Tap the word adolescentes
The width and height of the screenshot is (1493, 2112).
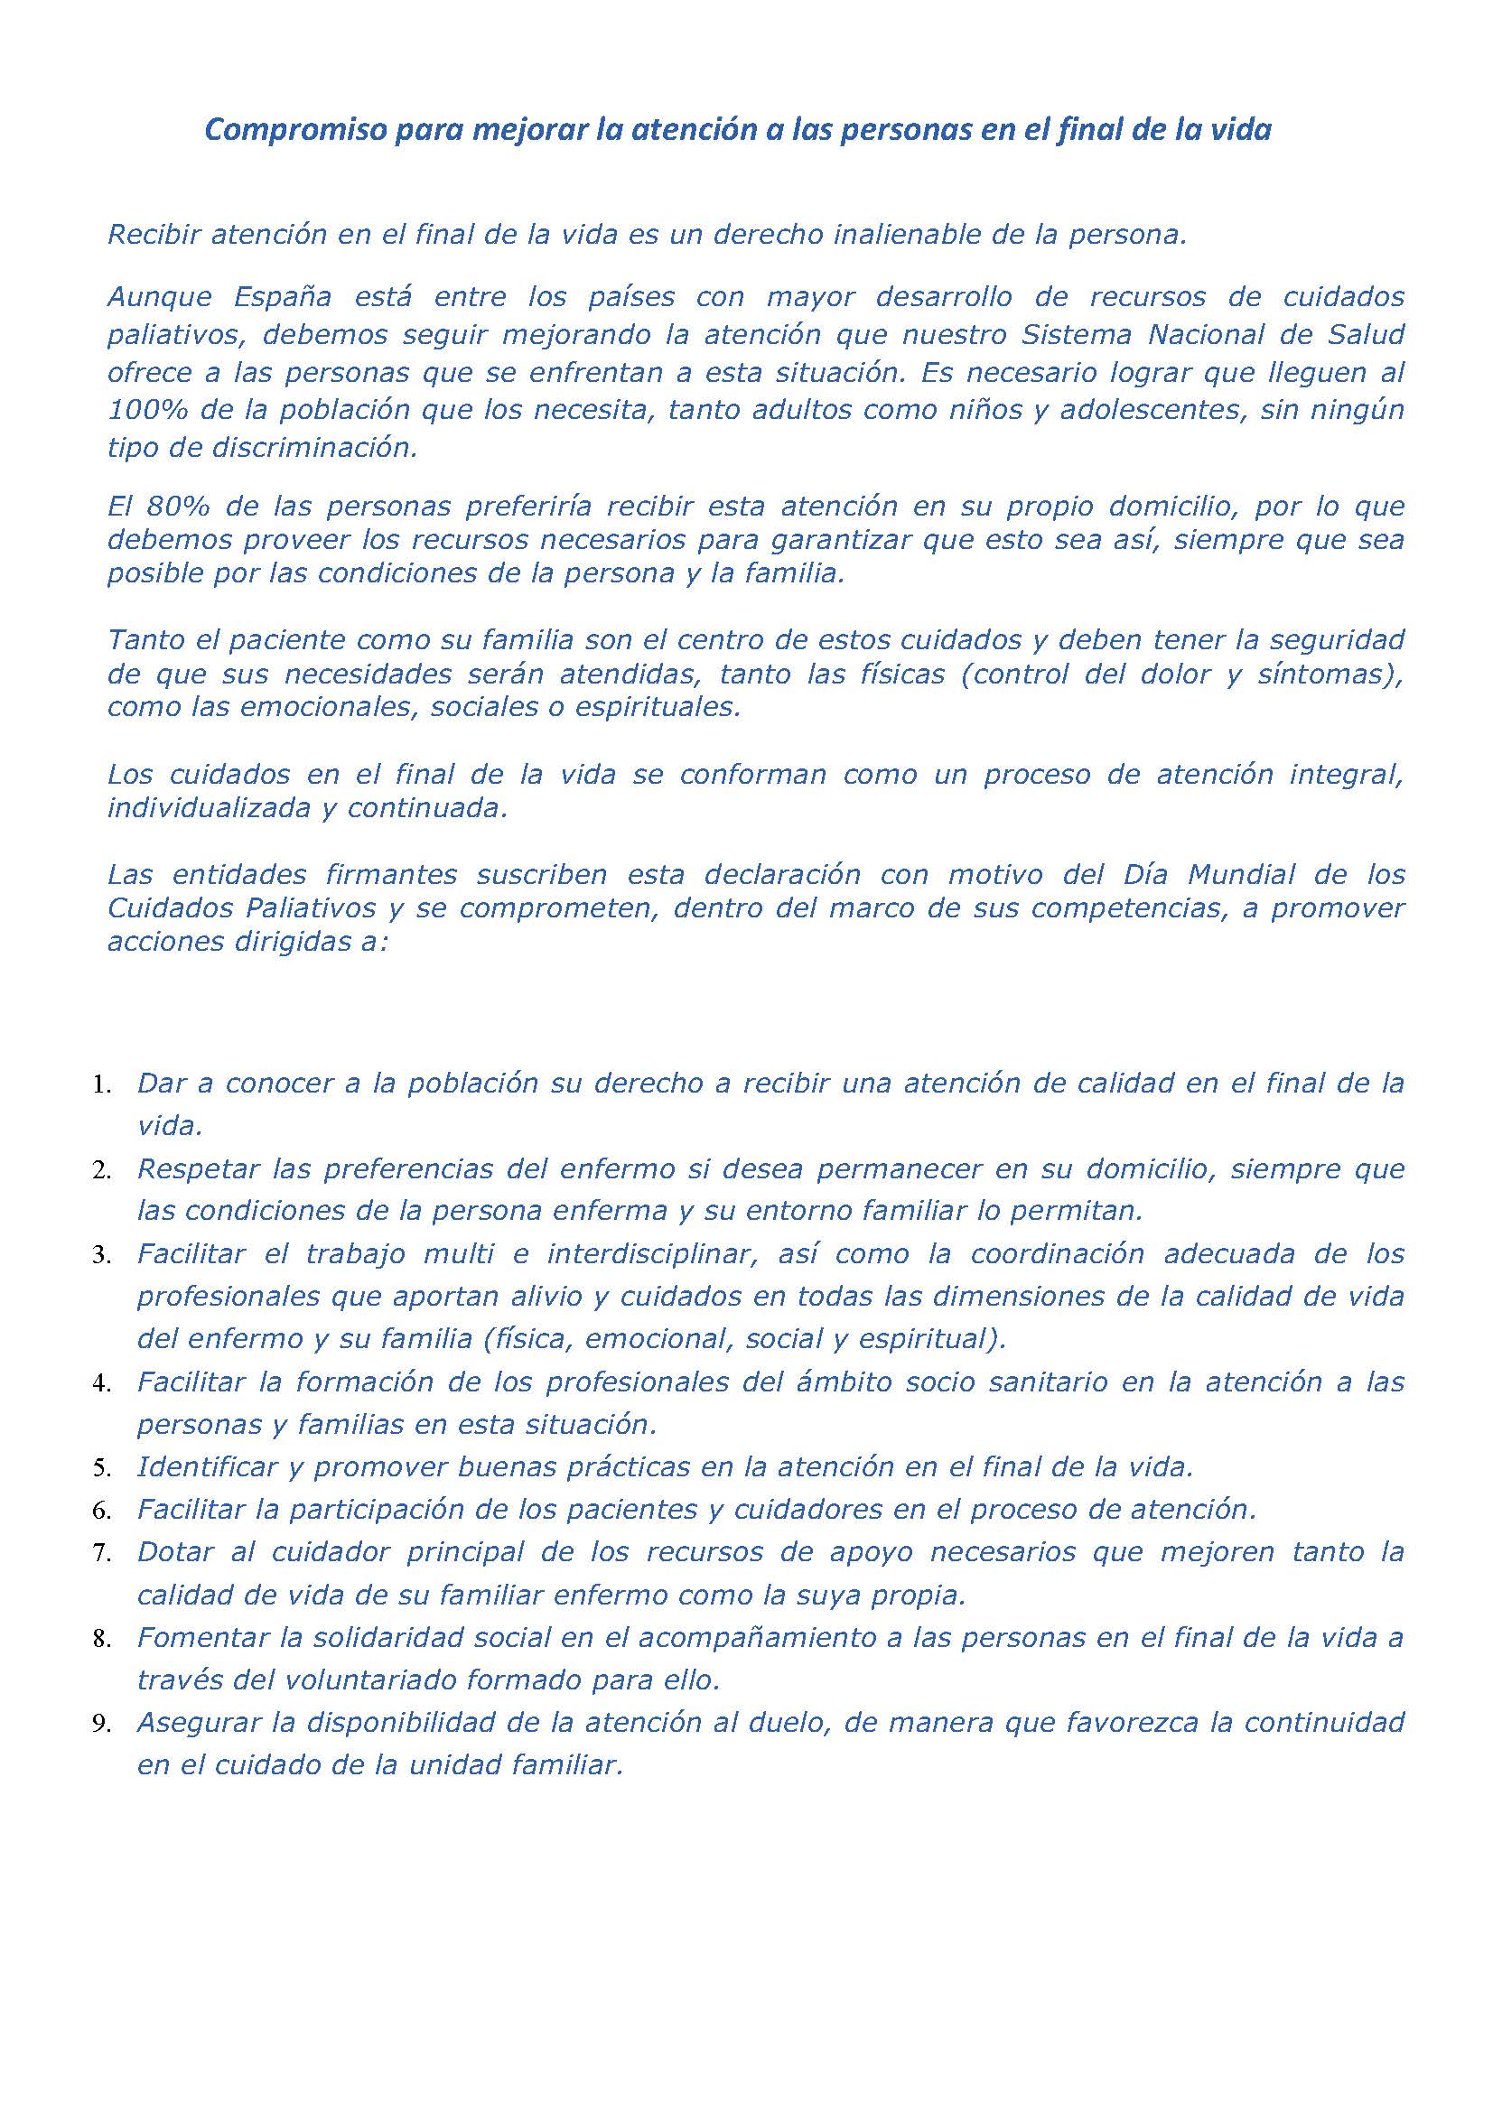1148,409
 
